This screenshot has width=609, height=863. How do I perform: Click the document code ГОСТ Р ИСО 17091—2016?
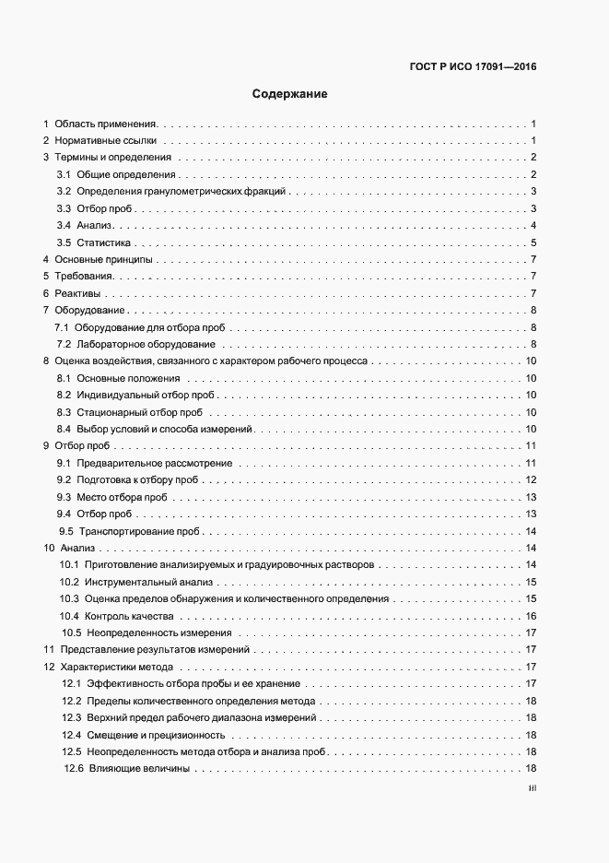click(x=472, y=67)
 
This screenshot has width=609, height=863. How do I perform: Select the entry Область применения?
click(x=106, y=124)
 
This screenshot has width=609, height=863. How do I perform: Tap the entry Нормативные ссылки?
click(x=106, y=141)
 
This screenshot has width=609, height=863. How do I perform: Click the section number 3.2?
click(x=64, y=192)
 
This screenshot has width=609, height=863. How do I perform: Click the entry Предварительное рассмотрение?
click(x=155, y=463)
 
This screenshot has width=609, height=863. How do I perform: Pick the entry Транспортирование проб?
click(x=139, y=532)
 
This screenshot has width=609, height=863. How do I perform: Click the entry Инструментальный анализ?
click(x=148, y=583)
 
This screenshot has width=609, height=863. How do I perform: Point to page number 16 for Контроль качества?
click(x=531, y=616)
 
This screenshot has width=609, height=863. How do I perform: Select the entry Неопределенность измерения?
click(x=158, y=633)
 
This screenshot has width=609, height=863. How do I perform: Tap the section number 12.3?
click(x=72, y=718)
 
